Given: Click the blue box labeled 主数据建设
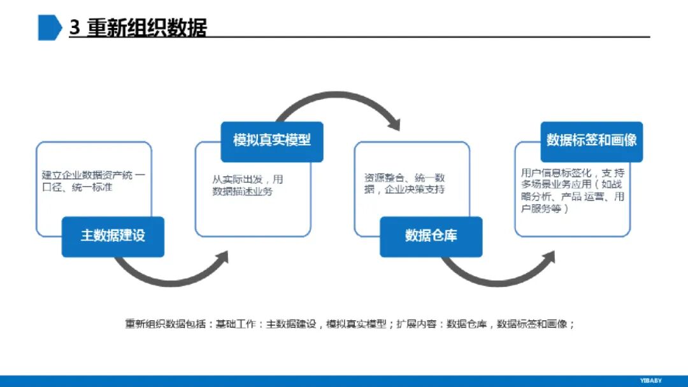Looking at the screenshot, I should tap(113, 236).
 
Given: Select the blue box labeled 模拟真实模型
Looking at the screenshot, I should tap(272, 141).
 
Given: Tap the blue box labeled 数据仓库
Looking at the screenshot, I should tap(431, 236).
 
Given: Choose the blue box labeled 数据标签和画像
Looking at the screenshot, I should tap(591, 141).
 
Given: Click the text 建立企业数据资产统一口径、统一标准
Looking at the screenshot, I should tap(93, 181).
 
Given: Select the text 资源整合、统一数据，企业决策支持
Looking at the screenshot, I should tap(405, 183).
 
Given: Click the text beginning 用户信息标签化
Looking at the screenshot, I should tap(572, 190).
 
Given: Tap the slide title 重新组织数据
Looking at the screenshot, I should tap(147, 29).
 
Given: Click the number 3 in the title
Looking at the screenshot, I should tap(75, 29).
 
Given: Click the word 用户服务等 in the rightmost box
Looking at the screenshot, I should tap(541, 208).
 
